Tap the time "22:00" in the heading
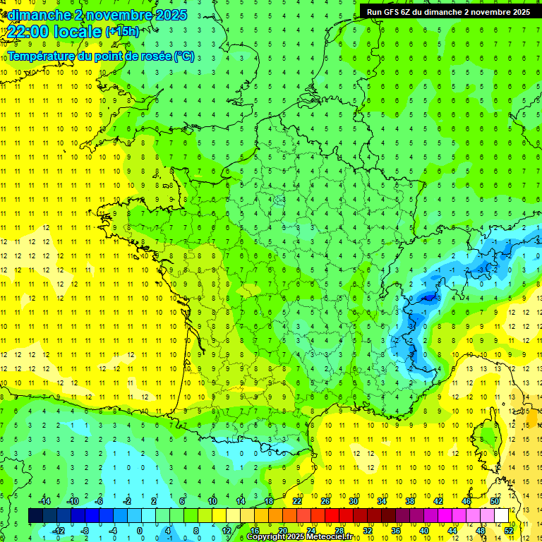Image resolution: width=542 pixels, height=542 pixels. point(32,32)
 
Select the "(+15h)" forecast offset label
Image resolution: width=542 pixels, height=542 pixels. point(122,32)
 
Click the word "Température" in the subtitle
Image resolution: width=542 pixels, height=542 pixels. point(43,56)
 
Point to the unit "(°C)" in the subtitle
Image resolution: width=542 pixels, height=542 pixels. point(183,56)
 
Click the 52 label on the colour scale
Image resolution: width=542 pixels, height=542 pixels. point(509,530)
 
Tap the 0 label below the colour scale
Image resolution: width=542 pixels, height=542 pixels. point(140,530)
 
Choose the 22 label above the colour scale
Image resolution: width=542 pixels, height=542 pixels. point(297,501)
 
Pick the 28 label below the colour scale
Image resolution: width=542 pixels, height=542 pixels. point(339,530)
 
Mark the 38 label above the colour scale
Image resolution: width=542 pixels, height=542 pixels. point(410,501)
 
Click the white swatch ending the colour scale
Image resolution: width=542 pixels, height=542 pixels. point(502,516)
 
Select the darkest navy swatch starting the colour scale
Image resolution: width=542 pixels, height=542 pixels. point(35,516)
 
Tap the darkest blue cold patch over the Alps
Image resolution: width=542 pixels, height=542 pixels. point(426,299)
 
